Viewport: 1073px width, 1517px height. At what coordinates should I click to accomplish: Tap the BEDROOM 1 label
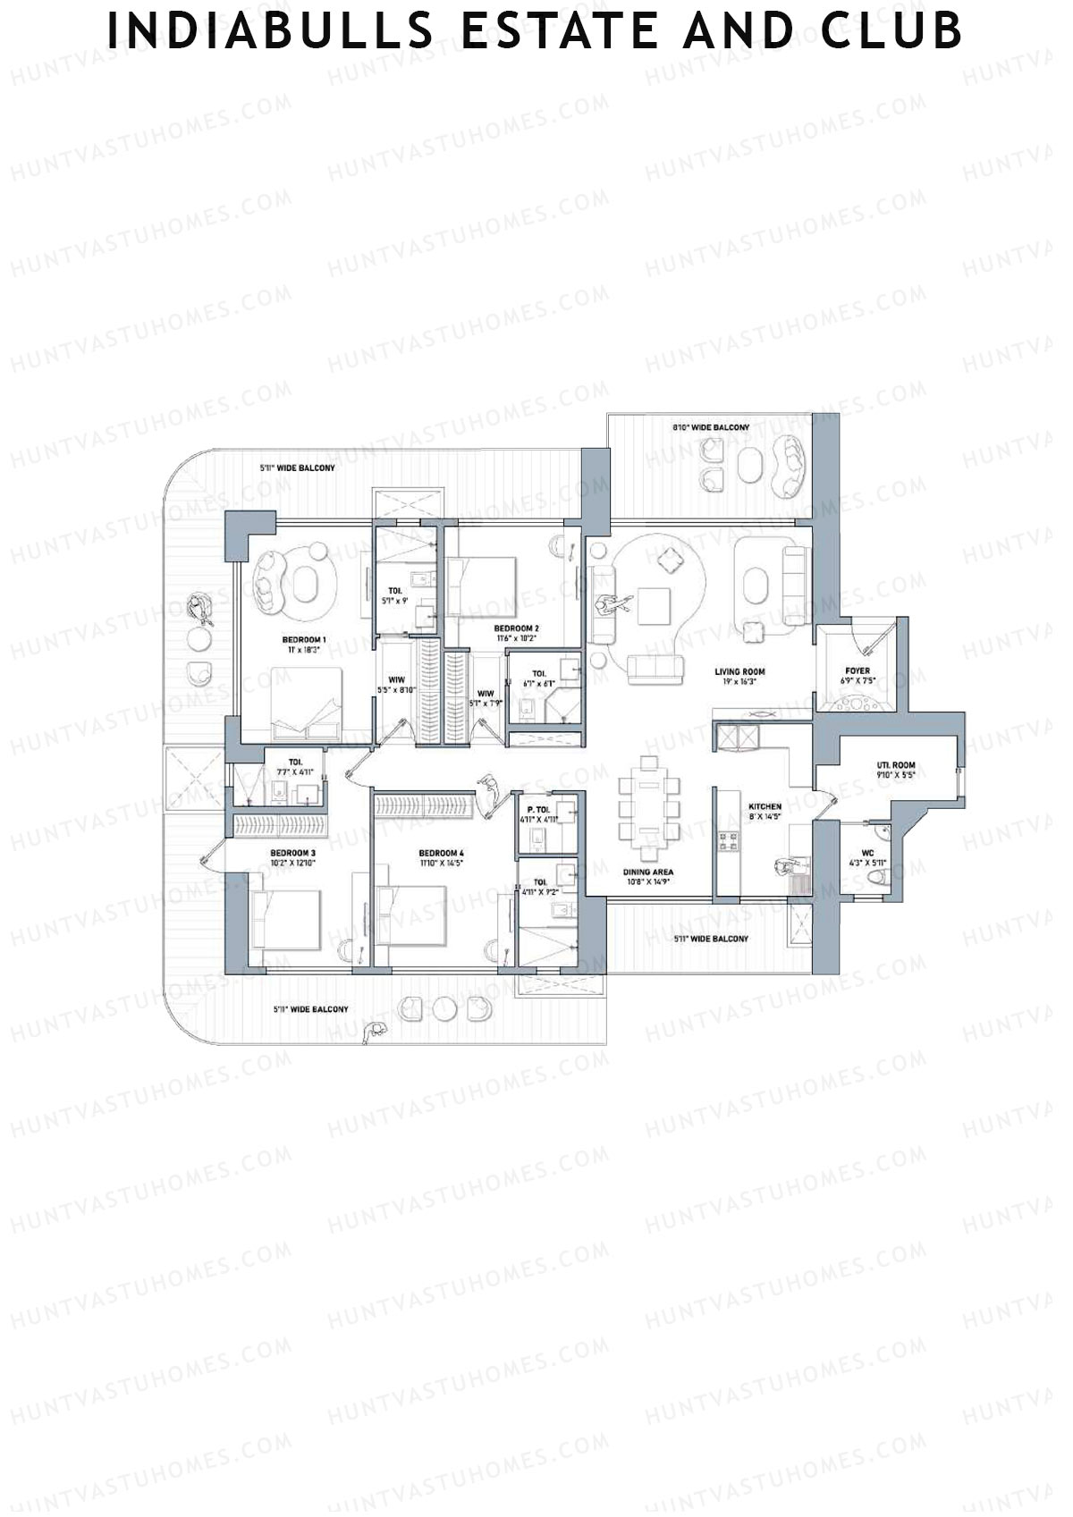tap(304, 640)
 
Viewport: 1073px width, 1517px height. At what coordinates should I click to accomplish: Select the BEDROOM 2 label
tap(516, 628)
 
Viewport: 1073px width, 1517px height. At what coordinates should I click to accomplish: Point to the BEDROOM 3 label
tap(293, 854)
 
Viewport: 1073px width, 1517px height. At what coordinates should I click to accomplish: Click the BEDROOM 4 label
tap(441, 854)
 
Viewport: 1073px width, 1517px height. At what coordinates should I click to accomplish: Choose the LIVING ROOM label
tap(739, 671)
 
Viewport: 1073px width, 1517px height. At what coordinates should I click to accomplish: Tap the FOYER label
tap(858, 670)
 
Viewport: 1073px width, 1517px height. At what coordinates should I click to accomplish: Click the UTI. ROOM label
tap(895, 765)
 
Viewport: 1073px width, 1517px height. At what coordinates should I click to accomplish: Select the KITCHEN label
tap(765, 806)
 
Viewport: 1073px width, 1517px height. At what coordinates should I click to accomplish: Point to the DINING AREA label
tap(648, 872)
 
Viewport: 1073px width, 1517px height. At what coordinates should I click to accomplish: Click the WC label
tap(867, 853)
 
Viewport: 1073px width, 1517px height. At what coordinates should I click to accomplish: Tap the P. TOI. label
tap(537, 809)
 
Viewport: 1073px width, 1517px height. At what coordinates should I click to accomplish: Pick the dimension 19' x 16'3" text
tap(739, 682)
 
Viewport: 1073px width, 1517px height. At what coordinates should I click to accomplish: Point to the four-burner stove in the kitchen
tap(730, 840)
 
